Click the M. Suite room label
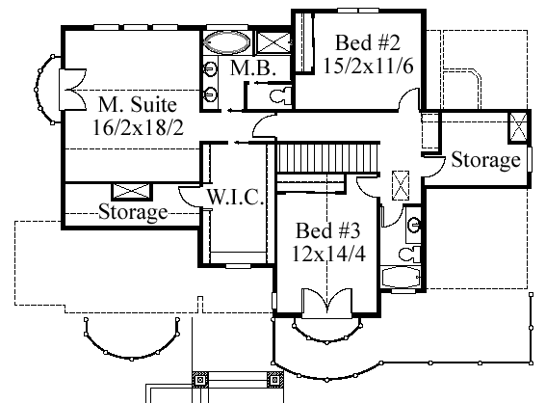[138, 104]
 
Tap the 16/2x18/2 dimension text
[138, 127]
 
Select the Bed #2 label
[368, 42]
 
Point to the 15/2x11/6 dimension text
[369, 66]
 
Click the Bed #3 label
[328, 230]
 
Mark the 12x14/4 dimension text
[328, 254]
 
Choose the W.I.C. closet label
[235, 197]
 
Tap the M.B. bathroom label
[253, 68]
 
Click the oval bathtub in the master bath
[226, 42]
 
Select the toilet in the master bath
[280, 95]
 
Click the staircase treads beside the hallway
[328, 157]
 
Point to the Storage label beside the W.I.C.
[133, 211]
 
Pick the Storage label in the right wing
[485, 160]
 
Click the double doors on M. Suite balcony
[73, 90]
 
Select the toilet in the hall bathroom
[409, 255]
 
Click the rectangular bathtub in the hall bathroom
[402, 278]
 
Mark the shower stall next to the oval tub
[273, 42]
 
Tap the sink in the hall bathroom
[414, 225]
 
